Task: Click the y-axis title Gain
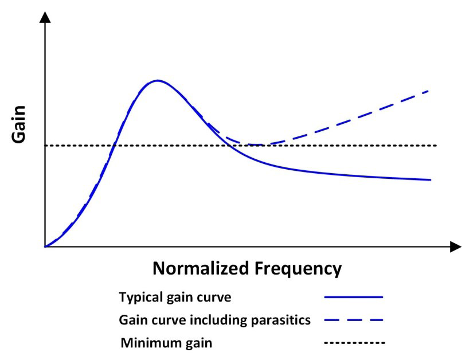tap(18, 124)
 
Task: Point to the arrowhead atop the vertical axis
tap(45, 17)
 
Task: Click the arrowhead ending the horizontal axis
tap(456, 247)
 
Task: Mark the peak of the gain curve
tap(157, 80)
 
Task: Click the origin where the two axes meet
tap(45, 247)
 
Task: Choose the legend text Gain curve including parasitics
tap(214, 320)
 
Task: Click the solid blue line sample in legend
tap(354, 297)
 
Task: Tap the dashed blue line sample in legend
tap(354, 320)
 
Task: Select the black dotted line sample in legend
tap(354, 343)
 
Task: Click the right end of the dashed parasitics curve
tap(429, 91)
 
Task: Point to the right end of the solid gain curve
tap(430, 179)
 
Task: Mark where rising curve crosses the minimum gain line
tap(115, 146)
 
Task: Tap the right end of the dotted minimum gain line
tap(437, 146)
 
